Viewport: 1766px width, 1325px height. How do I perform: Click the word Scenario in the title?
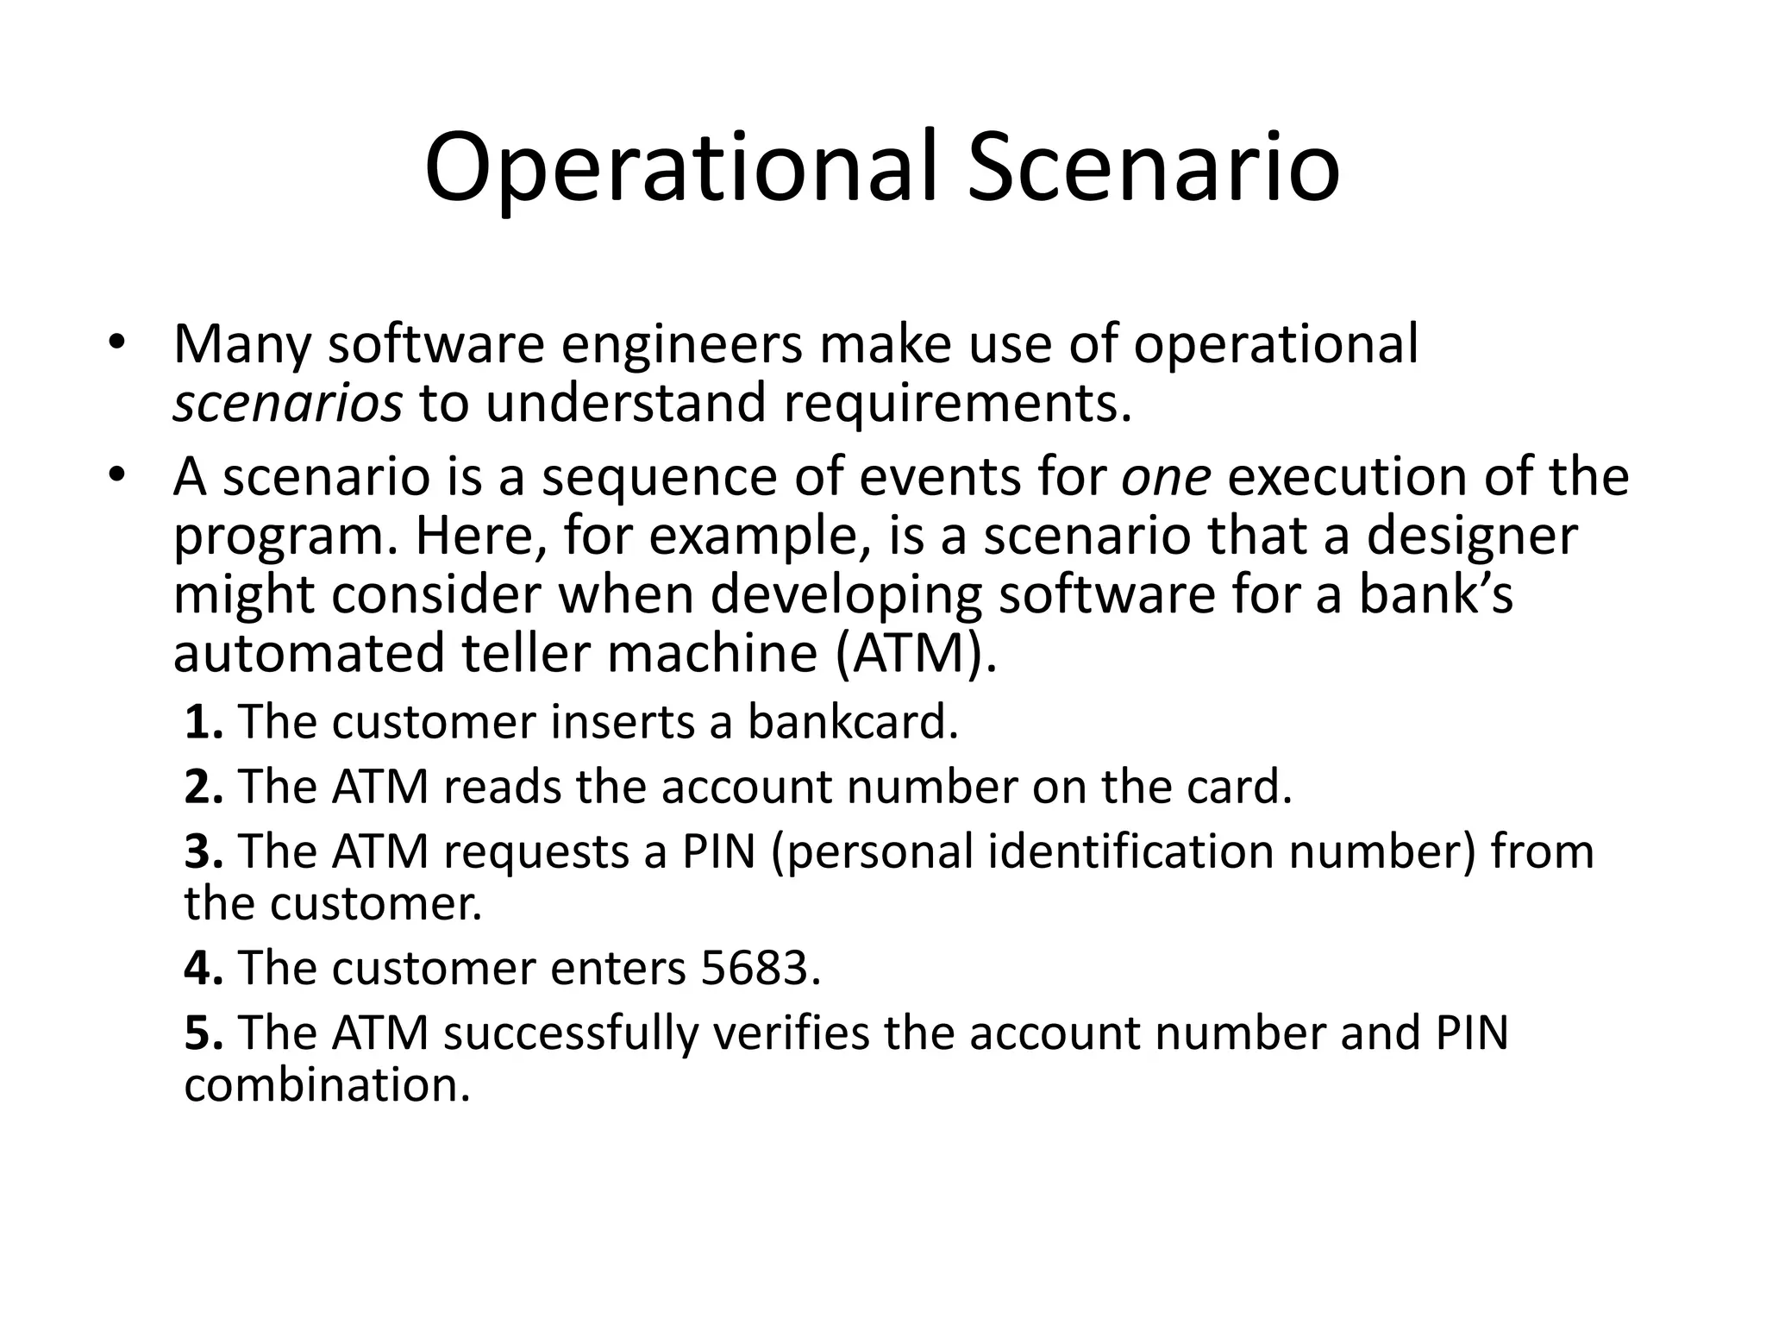click(x=1153, y=168)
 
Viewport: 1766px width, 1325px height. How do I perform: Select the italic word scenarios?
click(x=287, y=404)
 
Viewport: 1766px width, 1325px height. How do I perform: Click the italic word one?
click(x=1165, y=477)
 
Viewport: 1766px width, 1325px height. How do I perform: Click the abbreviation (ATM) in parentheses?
click(x=916, y=653)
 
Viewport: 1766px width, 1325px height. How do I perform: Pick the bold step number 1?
click(x=204, y=723)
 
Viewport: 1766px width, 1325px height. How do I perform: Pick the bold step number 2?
click(x=204, y=788)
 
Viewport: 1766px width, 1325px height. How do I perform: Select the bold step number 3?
click(x=204, y=852)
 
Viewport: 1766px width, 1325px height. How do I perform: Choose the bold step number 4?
click(x=204, y=969)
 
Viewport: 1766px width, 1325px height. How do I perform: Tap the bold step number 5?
click(x=204, y=1033)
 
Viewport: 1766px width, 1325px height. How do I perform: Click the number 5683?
click(x=759, y=969)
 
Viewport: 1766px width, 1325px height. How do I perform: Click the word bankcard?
click(x=852, y=723)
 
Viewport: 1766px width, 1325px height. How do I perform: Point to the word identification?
click(x=1130, y=852)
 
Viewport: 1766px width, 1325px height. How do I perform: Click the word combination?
click(x=327, y=1085)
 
